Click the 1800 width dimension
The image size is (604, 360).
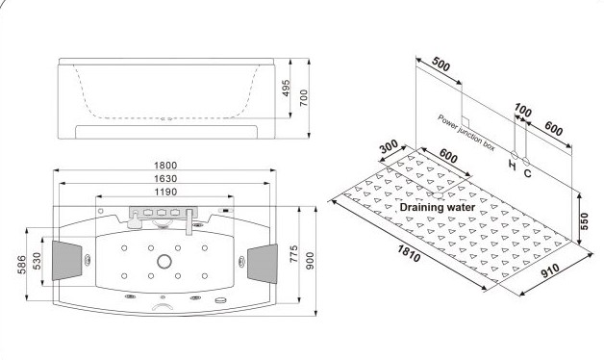165,166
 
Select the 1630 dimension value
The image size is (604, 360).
165,178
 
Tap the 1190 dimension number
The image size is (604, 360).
165,192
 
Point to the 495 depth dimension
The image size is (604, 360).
286,89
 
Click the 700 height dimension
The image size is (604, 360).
304,98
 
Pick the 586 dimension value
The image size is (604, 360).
21,265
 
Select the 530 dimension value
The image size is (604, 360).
37,262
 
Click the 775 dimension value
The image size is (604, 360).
293,254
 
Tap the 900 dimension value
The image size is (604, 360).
310,261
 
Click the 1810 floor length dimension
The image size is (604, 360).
409,253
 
